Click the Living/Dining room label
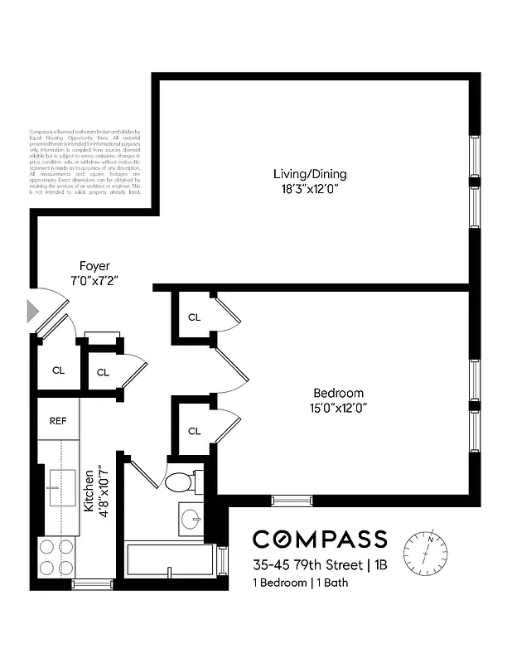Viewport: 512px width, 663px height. (310, 174)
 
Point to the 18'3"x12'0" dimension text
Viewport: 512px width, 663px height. (310, 188)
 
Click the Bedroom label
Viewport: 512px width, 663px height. (338, 393)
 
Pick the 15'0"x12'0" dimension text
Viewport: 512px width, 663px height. (338, 407)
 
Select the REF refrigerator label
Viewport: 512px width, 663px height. (57, 421)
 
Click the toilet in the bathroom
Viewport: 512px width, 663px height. (180, 482)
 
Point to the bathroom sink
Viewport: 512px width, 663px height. (191, 520)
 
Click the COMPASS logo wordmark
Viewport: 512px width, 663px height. (320, 539)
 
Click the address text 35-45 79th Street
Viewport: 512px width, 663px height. (308, 566)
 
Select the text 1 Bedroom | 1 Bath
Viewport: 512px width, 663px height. (301, 583)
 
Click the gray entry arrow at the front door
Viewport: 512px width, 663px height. (33, 312)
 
